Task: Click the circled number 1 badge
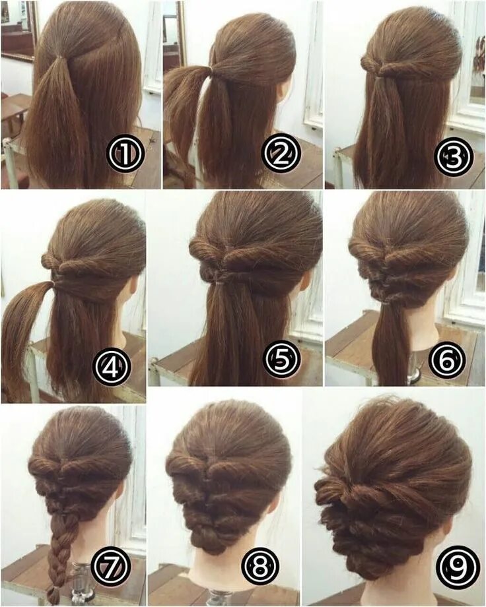click(x=125, y=154)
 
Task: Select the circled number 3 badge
click(x=454, y=157)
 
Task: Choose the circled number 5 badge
click(x=283, y=360)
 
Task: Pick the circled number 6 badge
click(x=447, y=360)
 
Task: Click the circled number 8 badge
click(x=261, y=566)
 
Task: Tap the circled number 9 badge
click(x=456, y=566)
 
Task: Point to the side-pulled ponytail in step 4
click(x=23, y=330)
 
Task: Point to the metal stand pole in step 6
click(x=414, y=369)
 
